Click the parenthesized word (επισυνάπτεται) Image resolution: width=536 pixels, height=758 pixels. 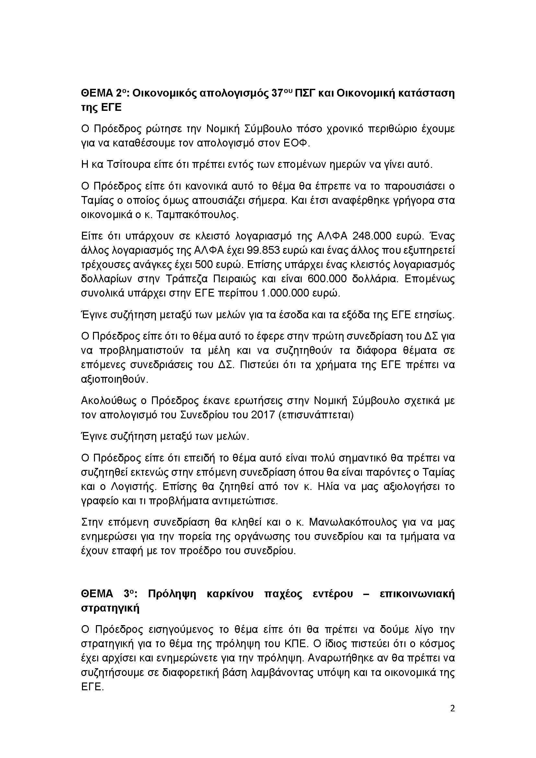pyautogui.click(x=316, y=415)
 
